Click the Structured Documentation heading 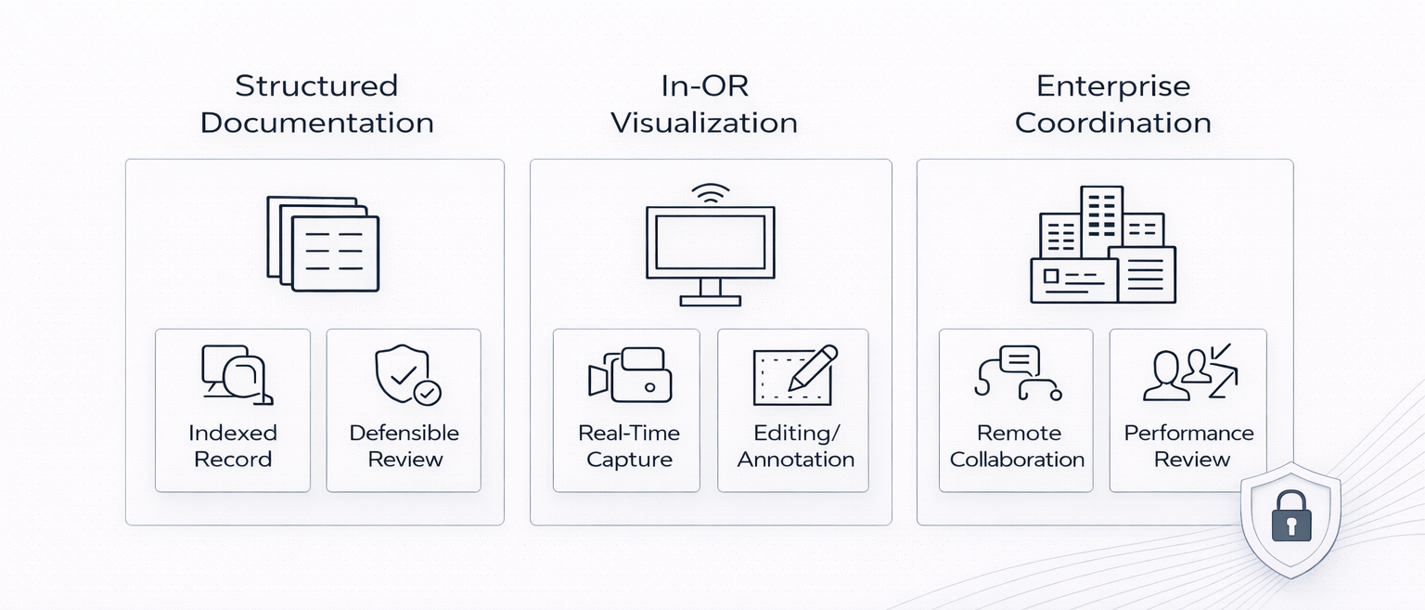point(316,104)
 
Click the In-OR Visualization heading point(704,104)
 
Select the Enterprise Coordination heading point(1112,104)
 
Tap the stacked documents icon point(323,243)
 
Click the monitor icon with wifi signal point(710,246)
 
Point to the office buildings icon point(1103,245)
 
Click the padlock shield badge point(1290,520)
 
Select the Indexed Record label point(233,446)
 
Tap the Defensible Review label point(404,446)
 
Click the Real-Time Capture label point(629,446)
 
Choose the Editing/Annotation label point(796,446)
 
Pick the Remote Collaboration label point(1018,446)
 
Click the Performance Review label point(1189,446)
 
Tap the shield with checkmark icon point(407,375)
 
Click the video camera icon point(630,375)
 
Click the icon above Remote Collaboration point(1018,373)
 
